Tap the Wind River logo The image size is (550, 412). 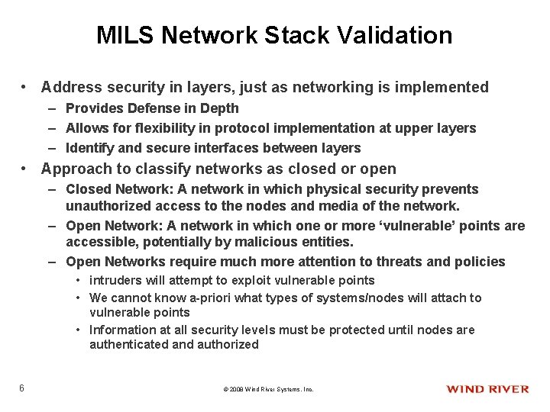487,389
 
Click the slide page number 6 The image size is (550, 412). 22,388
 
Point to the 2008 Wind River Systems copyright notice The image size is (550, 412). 268,390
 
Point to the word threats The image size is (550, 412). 401,262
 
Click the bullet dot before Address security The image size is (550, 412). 25,88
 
